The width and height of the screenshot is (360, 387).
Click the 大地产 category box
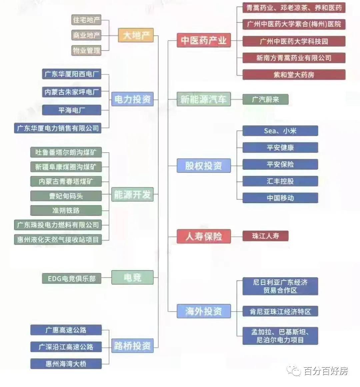point(136,35)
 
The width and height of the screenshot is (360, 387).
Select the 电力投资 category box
point(132,99)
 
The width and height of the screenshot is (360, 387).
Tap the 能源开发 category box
point(132,194)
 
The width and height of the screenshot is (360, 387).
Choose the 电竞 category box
point(132,278)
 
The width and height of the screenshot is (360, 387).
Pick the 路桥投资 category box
point(132,346)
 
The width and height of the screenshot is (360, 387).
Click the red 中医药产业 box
point(204,40)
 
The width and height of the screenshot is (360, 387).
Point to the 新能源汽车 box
point(204,99)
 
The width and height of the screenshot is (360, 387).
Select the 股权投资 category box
point(204,165)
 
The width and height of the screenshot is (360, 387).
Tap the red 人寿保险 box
point(204,236)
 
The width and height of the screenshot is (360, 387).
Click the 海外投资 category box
point(204,311)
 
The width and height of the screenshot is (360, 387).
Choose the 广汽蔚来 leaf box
point(265,99)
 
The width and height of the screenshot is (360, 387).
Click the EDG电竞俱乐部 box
point(72,278)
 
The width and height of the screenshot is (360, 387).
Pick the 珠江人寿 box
point(265,236)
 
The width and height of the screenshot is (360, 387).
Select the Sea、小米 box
point(280,131)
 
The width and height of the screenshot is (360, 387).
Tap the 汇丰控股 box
point(280,181)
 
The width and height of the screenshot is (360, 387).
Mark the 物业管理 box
point(86,50)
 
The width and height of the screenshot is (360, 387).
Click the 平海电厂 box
point(72,110)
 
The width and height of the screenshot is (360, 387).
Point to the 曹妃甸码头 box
point(66,196)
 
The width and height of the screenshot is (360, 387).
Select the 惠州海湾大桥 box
point(66,364)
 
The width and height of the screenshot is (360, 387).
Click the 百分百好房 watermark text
point(326,371)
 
